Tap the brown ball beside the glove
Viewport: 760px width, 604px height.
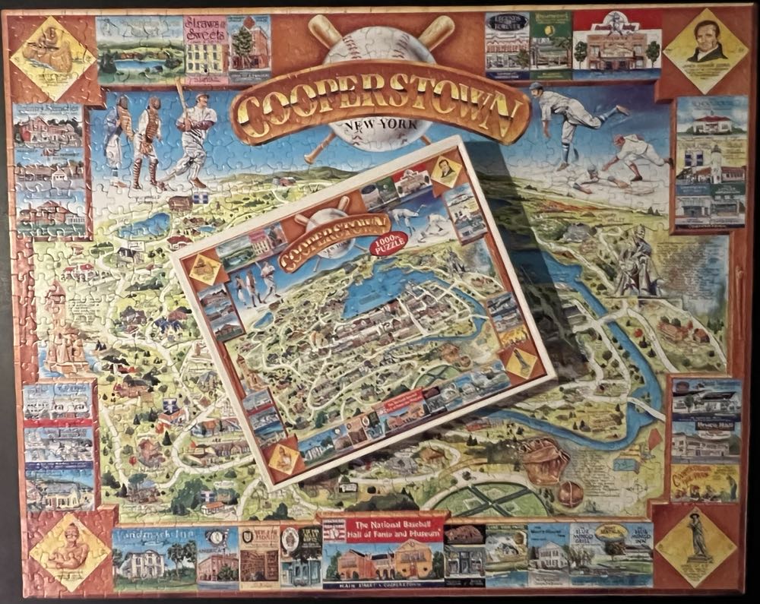[571, 495]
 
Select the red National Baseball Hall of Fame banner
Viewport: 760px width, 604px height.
[382, 530]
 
